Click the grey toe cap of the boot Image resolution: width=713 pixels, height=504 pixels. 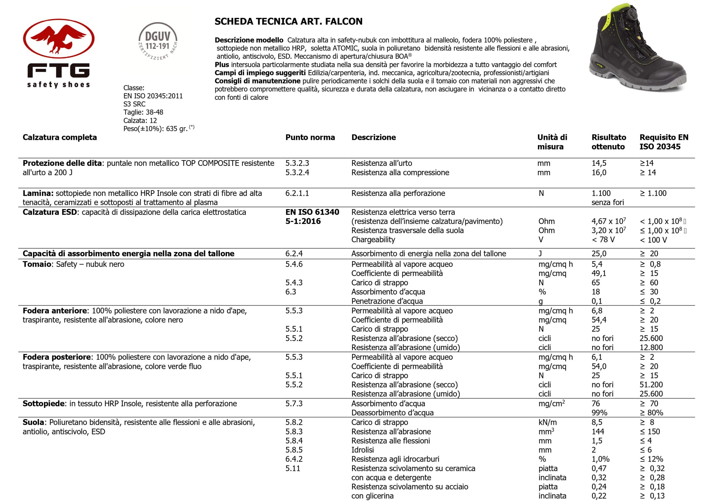pos(674,78)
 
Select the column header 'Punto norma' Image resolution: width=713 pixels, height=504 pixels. pos(310,137)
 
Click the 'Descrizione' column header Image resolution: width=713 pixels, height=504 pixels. pos(373,137)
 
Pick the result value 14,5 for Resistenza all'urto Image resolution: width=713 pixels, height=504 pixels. pos(599,163)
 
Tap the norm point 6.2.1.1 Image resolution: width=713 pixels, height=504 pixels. pos(297,193)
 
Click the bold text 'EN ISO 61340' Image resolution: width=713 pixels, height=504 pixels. pos(312,212)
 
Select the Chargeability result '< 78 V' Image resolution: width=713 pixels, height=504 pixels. pos(603,240)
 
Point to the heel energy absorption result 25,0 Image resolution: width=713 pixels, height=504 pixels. pos(599,254)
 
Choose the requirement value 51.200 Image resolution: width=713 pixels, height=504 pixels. pos(651,385)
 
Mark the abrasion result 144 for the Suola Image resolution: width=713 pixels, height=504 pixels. pos(598,432)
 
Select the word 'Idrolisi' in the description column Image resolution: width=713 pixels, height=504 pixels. pos(362,450)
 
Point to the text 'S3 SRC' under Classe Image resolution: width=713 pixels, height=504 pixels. pos(134,104)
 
